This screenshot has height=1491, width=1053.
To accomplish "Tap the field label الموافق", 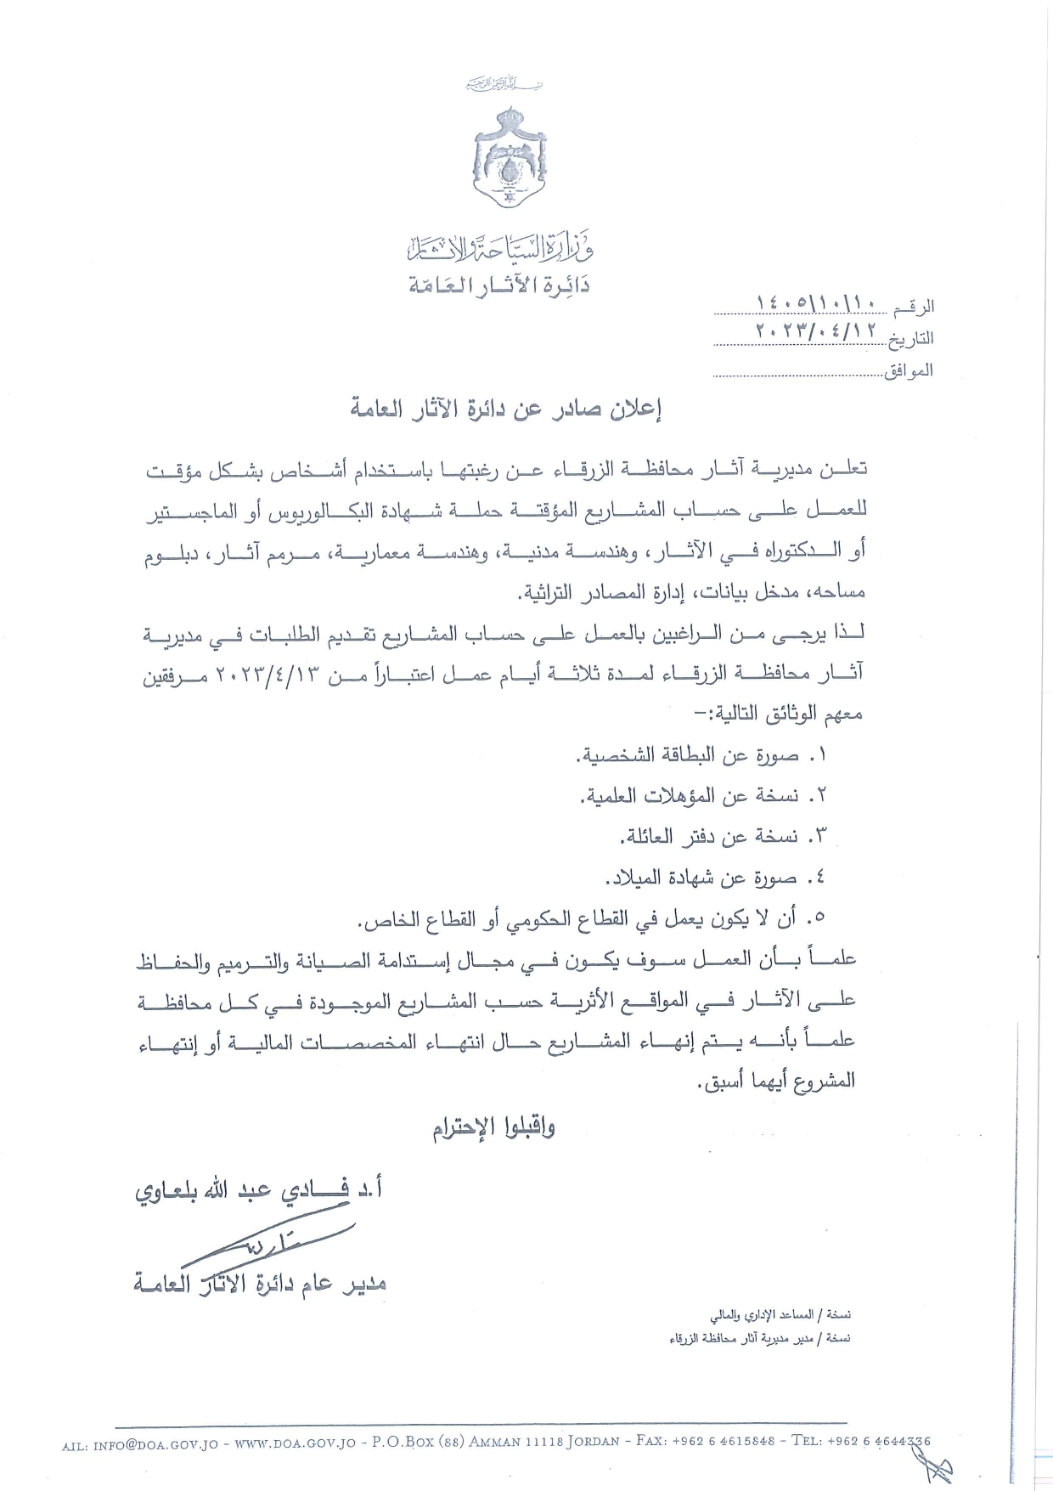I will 909,370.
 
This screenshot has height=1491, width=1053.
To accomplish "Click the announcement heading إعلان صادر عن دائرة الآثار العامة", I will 507,409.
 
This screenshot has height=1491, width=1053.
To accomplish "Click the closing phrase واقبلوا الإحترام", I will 493,1128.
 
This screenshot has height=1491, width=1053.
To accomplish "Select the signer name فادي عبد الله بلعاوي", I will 259,1189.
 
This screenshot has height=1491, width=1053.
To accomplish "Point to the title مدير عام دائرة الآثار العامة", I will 260,1283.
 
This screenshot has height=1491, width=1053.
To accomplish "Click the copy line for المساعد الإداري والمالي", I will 780,1338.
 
